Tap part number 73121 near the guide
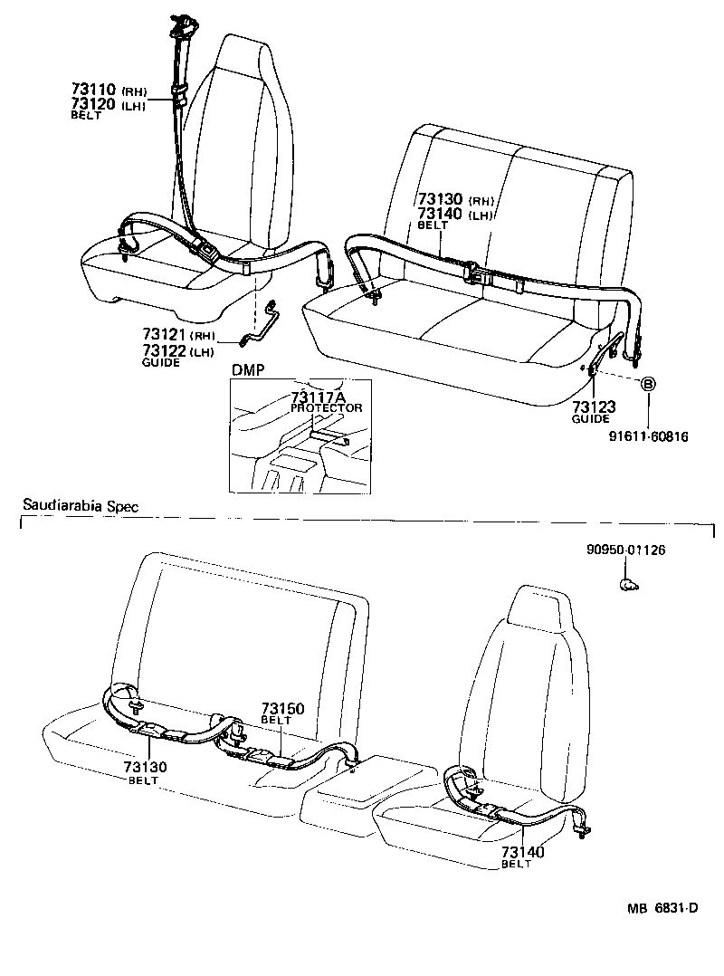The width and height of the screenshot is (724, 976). point(163,334)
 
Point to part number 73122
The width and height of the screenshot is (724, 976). point(163,349)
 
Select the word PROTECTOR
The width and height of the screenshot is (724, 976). point(326,408)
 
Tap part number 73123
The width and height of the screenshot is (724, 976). point(590,407)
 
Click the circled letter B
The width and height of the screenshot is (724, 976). point(648,383)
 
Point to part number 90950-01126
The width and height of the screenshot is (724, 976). point(625,550)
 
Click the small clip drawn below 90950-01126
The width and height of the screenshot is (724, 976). point(626,585)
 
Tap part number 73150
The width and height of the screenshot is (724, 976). point(283,708)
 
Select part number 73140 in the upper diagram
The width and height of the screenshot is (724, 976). point(441,214)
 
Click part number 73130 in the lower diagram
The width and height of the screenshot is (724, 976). point(143,767)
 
